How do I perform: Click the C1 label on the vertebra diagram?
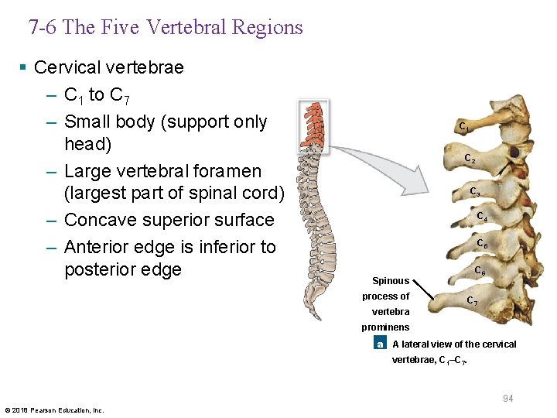[463, 126]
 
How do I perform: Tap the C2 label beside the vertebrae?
[470, 159]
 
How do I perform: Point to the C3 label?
[475, 192]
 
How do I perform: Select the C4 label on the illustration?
[481, 217]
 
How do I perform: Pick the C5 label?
[481, 244]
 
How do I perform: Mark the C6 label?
[480, 272]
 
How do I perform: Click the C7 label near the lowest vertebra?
[471, 300]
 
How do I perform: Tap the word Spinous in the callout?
[391, 281]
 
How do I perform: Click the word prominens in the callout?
[385, 327]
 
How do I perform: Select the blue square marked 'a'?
[379, 344]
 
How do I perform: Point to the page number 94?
[508, 398]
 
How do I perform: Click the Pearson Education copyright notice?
[54, 410]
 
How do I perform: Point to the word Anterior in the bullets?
[101, 247]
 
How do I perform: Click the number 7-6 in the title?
[43, 28]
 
